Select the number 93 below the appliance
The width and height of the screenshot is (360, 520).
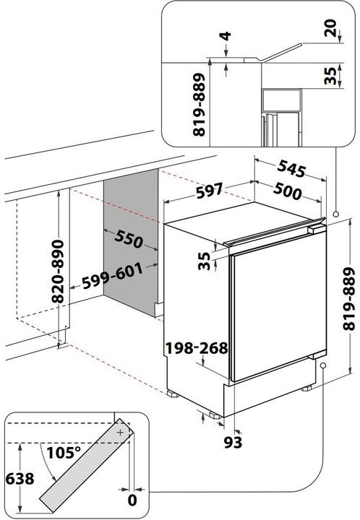tap(233, 440)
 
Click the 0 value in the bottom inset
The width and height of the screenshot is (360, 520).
tap(132, 499)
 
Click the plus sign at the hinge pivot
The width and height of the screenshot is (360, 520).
tap(120, 431)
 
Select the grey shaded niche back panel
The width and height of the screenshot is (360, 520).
tap(131, 246)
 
